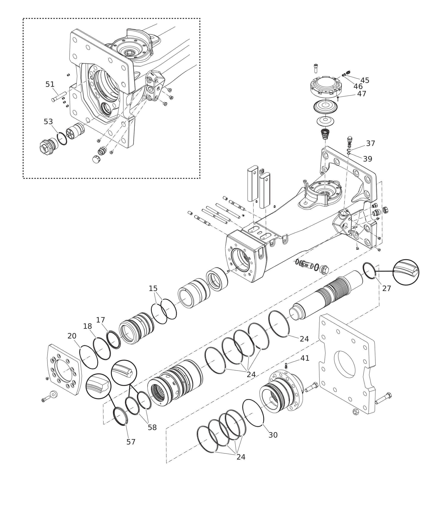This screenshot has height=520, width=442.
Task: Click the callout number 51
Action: coord(50,84)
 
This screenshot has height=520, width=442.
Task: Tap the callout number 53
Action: coord(48,122)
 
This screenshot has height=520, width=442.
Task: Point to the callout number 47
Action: coord(362,94)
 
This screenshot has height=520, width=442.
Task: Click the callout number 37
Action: coord(371,144)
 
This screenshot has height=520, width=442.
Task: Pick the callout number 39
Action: coord(368,159)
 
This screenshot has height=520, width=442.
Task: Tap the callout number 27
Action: coord(387,289)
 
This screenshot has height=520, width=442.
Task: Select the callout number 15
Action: coord(153,288)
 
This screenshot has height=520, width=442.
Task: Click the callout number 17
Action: coord(100,320)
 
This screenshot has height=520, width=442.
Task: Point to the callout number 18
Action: coord(87,326)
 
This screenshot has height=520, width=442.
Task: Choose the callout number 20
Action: coord(72,336)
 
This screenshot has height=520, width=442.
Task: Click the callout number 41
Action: coord(305,358)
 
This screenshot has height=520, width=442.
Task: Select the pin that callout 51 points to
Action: coord(59,97)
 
